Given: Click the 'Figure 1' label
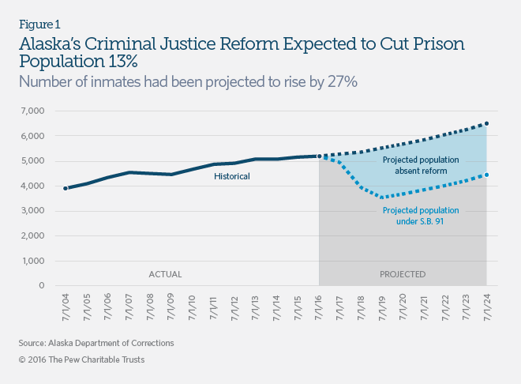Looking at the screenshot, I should coord(39,23).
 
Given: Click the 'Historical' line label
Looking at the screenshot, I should coord(232,176).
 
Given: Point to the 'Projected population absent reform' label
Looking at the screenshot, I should coord(421,165).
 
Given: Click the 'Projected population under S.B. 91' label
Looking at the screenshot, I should coord(420,216).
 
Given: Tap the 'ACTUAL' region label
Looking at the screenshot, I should coord(166,274).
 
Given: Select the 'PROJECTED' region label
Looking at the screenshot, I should coord(402,274).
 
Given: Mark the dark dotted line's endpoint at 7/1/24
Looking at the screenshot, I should coord(486,123).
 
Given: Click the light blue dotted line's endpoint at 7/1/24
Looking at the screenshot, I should coord(486,175).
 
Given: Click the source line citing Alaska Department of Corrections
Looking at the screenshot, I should coord(96,344).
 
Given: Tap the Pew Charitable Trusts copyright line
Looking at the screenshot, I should coord(81,360).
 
